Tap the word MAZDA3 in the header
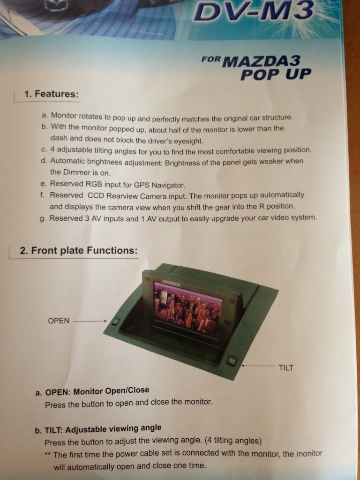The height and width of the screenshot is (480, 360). click(262, 61)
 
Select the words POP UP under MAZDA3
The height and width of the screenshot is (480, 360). click(276, 75)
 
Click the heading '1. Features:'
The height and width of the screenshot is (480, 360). click(51, 94)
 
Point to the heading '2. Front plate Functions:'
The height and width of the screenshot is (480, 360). click(78, 250)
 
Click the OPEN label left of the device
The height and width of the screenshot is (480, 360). click(59, 321)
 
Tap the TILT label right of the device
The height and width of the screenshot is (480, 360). click(286, 367)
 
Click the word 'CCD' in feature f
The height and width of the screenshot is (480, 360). click(95, 195)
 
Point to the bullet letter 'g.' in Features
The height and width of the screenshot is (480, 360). click(44, 219)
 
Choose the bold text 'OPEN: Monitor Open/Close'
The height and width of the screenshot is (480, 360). click(97, 391)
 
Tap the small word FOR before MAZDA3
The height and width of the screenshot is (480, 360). click(210, 59)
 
